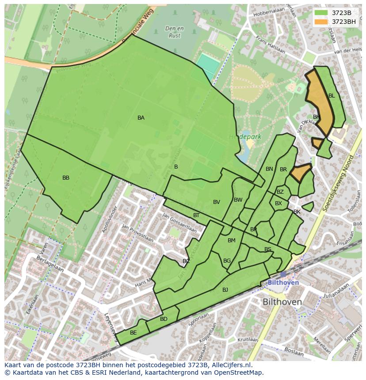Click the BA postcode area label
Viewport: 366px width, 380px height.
click(x=141, y=118)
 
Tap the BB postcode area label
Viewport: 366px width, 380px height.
click(x=66, y=178)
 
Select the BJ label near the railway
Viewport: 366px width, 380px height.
click(x=225, y=290)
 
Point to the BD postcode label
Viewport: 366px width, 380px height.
click(x=164, y=319)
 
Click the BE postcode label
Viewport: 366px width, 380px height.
click(x=133, y=333)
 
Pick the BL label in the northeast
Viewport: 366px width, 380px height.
click(x=332, y=96)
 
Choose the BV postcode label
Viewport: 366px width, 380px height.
click(x=216, y=202)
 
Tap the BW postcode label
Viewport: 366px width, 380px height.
click(x=238, y=200)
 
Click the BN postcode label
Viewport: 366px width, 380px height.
click(x=269, y=169)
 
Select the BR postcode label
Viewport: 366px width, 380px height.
click(x=283, y=169)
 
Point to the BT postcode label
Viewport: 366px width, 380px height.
click(x=196, y=215)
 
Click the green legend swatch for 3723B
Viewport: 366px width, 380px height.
click(x=321, y=13)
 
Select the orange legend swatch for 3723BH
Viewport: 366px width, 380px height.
click(x=321, y=22)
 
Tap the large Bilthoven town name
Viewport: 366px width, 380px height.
click(x=282, y=302)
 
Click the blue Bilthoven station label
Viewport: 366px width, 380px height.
click(x=283, y=282)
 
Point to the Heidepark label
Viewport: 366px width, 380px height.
click(x=245, y=137)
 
